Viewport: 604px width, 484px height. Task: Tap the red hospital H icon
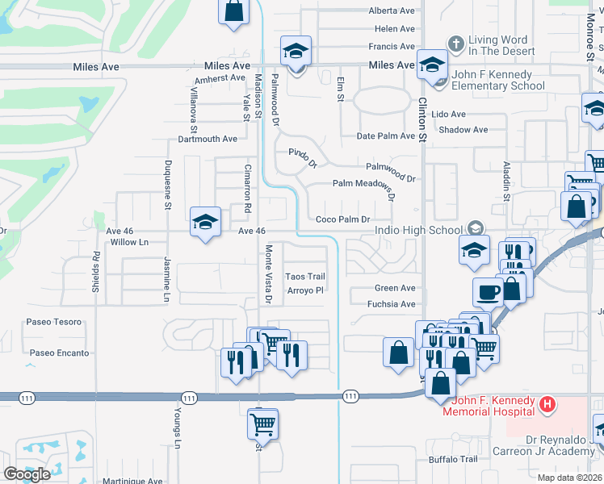pyautogui.click(x=547, y=404)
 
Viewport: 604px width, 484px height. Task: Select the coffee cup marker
pyautogui.click(x=487, y=291)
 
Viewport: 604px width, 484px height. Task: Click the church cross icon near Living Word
pyautogui.click(x=456, y=44)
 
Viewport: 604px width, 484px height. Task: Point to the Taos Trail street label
pyautogui.click(x=305, y=277)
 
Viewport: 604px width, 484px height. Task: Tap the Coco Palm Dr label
pyautogui.click(x=342, y=219)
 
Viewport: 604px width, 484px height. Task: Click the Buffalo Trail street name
pyautogui.click(x=453, y=460)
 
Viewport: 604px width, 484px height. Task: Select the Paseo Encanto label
pyautogui.click(x=60, y=353)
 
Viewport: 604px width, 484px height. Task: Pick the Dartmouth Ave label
pyautogui.click(x=208, y=139)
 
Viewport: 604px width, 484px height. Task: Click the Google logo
pyautogui.click(x=27, y=474)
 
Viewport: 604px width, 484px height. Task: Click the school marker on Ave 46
pyautogui.click(x=205, y=222)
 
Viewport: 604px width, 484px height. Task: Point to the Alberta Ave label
pyautogui.click(x=392, y=10)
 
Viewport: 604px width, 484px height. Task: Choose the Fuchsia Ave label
pyautogui.click(x=395, y=304)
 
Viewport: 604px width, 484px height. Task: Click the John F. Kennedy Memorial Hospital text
pyautogui.click(x=488, y=406)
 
